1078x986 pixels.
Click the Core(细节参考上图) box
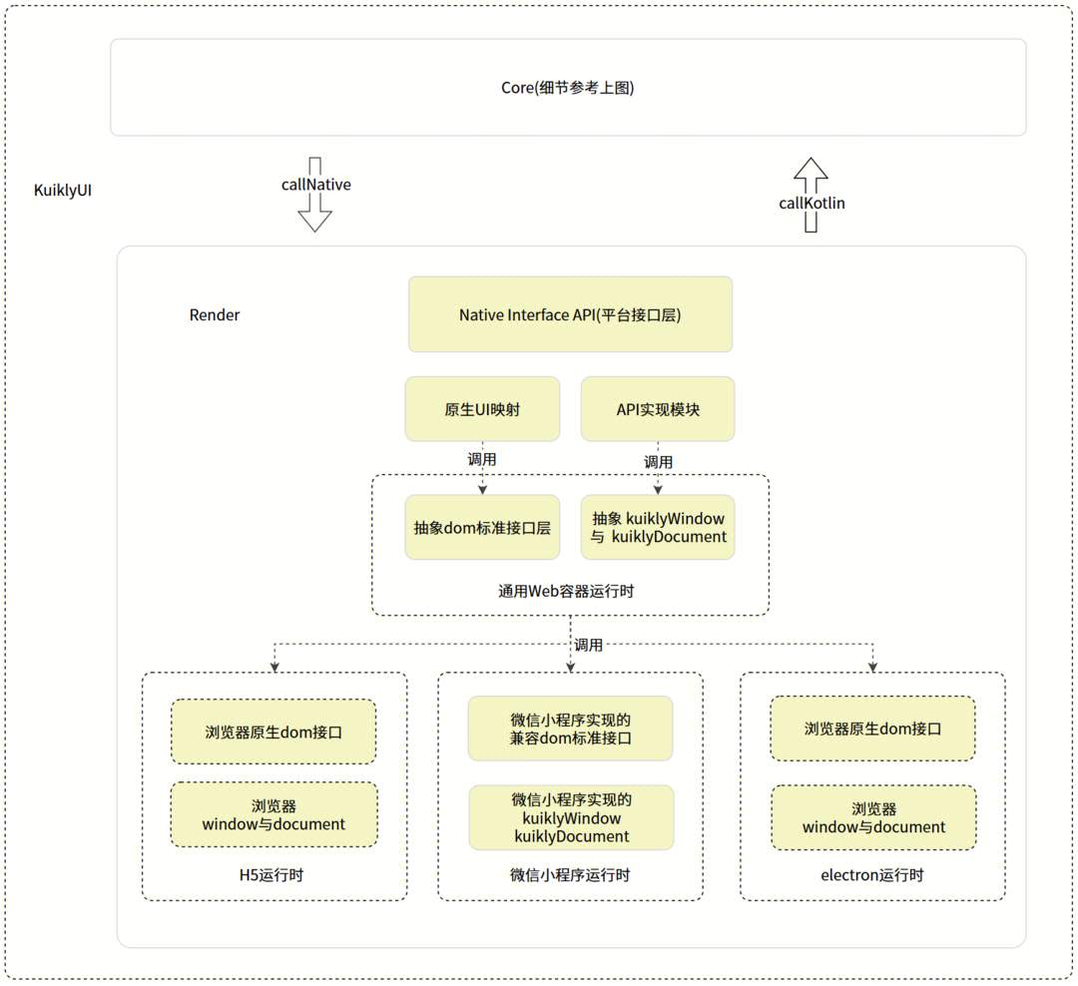click(567, 88)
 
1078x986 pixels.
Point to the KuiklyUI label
click(63, 190)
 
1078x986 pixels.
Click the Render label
click(215, 315)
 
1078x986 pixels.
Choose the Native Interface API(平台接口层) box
click(570, 314)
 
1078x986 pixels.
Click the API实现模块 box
click(658, 409)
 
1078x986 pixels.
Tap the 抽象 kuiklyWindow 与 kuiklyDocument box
click(658, 528)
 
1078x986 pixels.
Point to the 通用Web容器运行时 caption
click(566, 591)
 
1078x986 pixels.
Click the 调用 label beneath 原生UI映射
click(482, 460)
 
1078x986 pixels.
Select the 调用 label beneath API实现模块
click(658, 462)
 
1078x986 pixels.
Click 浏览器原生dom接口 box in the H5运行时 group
click(273, 732)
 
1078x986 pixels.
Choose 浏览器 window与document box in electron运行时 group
click(873, 817)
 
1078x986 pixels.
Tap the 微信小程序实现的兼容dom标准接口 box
click(570, 729)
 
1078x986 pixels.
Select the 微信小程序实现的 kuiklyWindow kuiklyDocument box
click(571, 817)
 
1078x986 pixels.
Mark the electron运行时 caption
click(871, 875)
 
